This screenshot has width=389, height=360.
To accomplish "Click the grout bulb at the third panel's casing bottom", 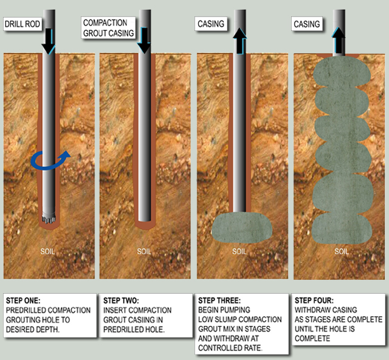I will (x=242, y=232).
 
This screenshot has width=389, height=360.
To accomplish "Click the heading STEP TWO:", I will (x=121, y=301).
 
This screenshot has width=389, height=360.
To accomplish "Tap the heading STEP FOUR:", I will (x=316, y=301).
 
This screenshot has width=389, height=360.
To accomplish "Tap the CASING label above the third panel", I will (x=211, y=24).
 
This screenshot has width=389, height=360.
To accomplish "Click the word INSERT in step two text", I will (x=115, y=310).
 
